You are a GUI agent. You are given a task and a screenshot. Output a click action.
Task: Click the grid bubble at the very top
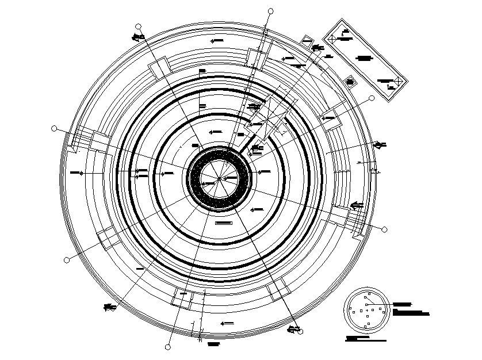(270, 10)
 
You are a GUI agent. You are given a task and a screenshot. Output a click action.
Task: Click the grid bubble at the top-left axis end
(138, 26)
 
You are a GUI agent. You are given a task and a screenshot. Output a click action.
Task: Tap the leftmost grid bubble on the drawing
(55, 129)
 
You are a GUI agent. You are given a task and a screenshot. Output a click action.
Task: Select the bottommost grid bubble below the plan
(167, 347)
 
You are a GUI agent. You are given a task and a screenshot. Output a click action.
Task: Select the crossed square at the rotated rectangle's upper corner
(331, 39)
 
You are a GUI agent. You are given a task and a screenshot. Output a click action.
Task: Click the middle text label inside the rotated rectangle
(364, 58)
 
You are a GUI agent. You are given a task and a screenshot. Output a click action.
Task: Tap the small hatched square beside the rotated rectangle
(349, 82)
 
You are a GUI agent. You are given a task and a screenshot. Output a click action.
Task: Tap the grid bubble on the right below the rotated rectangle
(372, 98)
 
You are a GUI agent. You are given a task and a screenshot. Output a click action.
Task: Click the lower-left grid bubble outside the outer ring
(67, 260)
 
